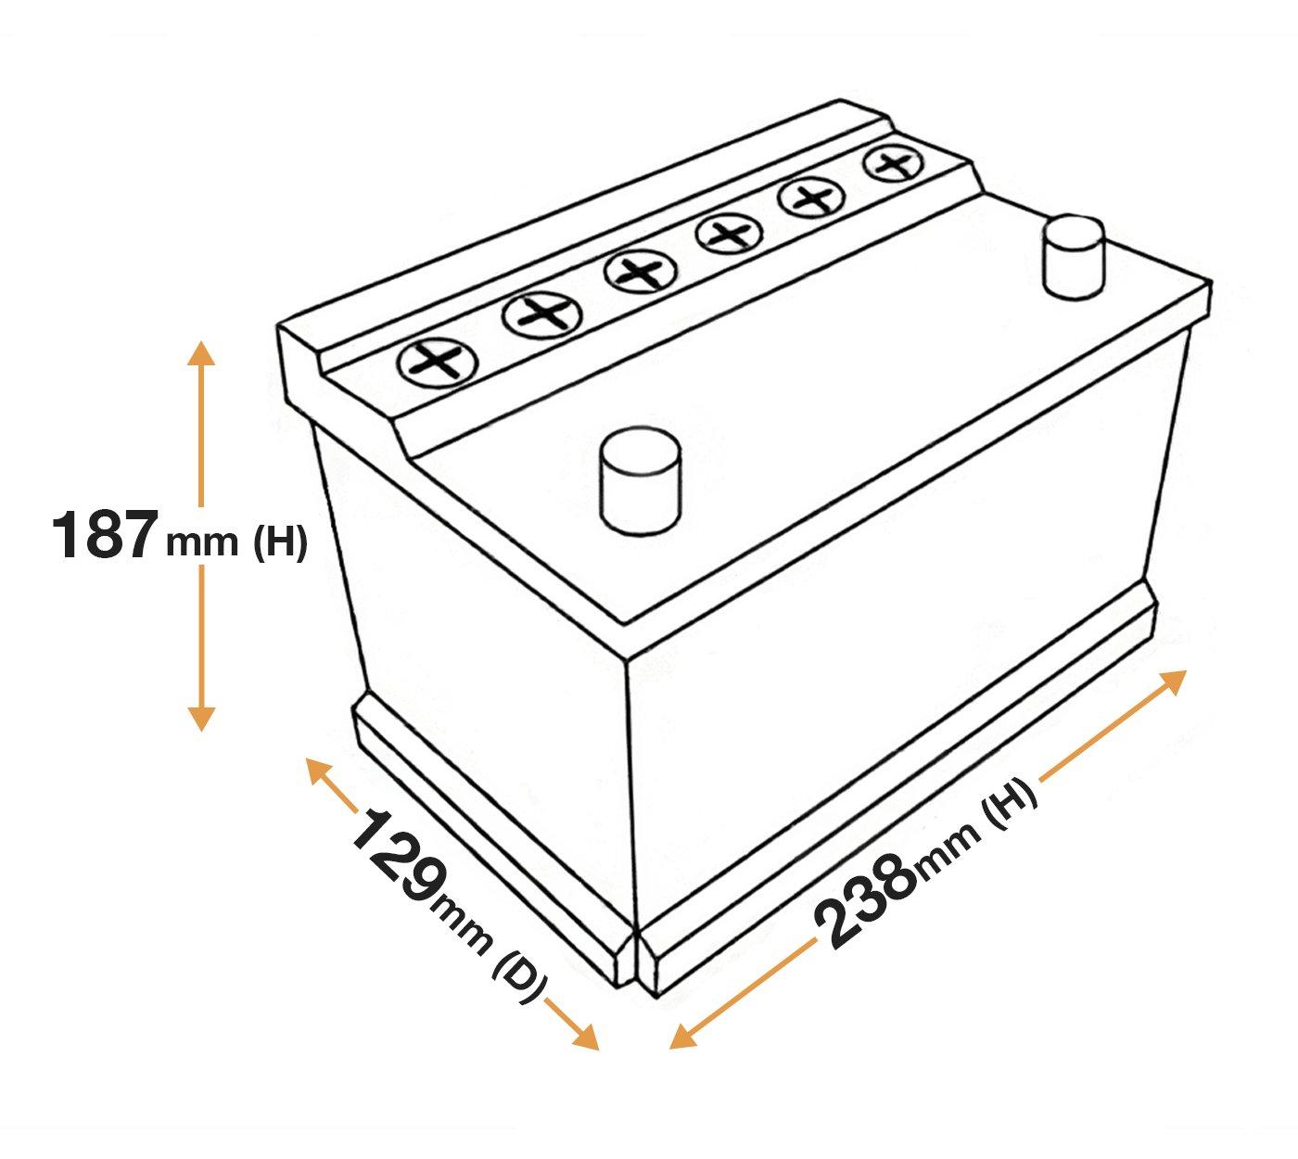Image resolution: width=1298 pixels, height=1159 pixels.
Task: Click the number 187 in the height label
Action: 102,535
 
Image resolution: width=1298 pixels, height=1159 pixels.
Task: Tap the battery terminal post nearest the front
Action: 641,479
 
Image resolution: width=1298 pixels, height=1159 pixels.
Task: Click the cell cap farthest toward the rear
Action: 894,164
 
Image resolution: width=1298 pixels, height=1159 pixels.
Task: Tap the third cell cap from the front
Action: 638,272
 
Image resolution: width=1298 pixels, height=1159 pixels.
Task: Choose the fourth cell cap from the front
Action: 728,233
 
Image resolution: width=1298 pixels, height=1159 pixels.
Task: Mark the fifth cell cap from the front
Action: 812,197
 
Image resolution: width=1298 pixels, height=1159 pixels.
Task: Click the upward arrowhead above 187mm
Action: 200,353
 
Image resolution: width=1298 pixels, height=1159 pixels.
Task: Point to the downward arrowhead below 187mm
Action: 200,718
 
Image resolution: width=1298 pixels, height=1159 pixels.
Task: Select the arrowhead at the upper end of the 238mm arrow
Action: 1175,680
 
